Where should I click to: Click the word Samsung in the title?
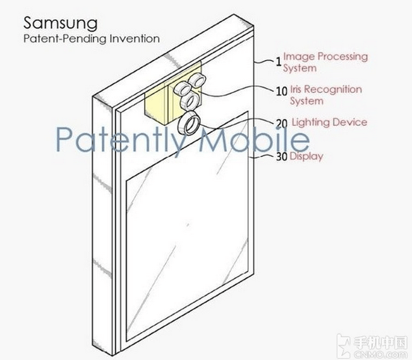tap(61, 23)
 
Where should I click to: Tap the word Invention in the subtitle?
tap(135, 39)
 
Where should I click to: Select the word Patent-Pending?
tap(65, 39)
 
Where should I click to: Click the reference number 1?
tap(279, 62)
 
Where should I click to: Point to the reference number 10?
tap(282, 91)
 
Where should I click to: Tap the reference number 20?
tap(282, 123)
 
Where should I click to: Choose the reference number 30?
tap(282, 157)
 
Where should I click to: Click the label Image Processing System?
tap(325, 62)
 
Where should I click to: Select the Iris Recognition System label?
tap(326, 95)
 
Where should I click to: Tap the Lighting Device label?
tap(329, 122)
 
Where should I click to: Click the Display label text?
tap(306, 156)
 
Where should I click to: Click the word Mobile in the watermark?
tap(254, 139)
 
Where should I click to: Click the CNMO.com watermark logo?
tap(372, 346)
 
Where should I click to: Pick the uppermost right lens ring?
tap(198, 80)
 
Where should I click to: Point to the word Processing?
tap(342, 57)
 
